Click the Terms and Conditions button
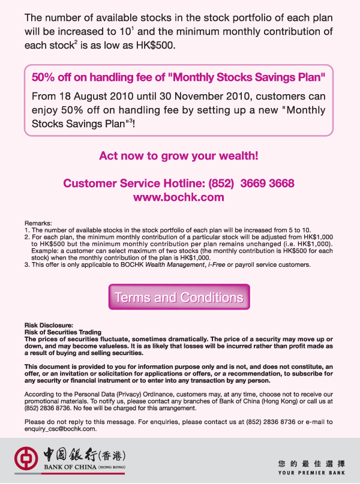point(179,297)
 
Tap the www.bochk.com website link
point(179,197)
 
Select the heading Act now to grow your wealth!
point(179,156)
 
